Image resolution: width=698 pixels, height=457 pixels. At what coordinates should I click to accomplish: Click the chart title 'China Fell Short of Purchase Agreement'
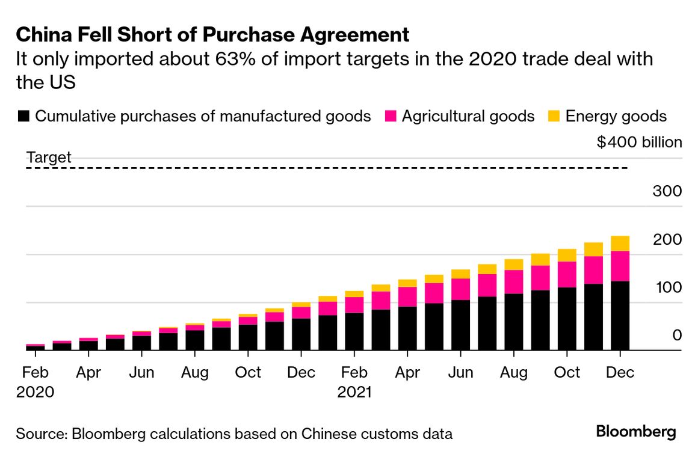[x=213, y=35]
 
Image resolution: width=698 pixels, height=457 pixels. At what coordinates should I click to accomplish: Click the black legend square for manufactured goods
[x=23, y=116]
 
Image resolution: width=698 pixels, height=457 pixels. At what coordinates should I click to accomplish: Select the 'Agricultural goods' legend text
[x=468, y=116]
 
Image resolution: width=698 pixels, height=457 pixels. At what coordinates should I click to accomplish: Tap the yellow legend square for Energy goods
[x=554, y=116]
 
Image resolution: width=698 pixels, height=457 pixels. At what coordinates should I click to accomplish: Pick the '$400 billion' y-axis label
[x=639, y=143]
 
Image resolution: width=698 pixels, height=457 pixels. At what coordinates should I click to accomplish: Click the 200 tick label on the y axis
[x=667, y=239]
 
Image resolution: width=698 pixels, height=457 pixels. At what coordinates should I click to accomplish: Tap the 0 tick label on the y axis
[x=677, y=335]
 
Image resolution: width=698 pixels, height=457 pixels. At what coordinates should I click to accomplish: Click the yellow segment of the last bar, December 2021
[x=620, y=243]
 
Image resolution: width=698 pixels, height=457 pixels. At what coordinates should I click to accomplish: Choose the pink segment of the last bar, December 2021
[x=620, y=266]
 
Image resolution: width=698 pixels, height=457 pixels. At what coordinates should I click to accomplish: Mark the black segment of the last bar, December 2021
[x=620, y=316]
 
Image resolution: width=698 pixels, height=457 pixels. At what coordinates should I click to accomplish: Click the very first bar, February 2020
[x=35, y=348]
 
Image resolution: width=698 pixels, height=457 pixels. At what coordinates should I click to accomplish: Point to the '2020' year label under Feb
[x=35, y=393]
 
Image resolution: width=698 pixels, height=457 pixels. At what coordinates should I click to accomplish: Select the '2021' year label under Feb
[x=354, y=393]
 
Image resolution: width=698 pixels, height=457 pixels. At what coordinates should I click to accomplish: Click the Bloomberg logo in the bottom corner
[x=636, y=432]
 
